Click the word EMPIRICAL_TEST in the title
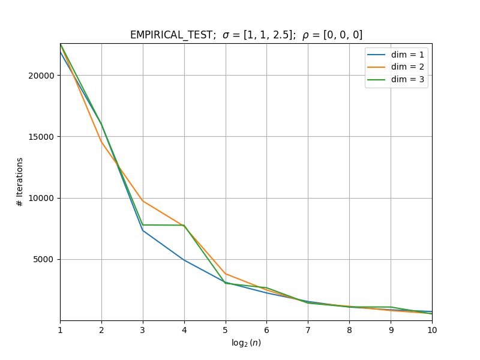[171, 35]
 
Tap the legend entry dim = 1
[395, 55]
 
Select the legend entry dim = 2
[395, 67]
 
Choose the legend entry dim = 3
[395, 80]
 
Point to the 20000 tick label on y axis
[41, 76]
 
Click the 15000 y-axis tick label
[41, 137]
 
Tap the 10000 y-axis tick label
[41, 198]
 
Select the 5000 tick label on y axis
[43, 260]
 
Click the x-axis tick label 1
[61, 330]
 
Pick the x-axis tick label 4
[184, 330]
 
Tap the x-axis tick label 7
[308, 330]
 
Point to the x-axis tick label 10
[432, 330]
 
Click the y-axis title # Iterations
[20, 182]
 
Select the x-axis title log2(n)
[246, 343]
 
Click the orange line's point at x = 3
[143, 201]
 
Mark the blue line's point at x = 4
[184, 260]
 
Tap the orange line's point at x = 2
[101, 142]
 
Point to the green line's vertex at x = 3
[143, 225]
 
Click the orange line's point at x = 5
[226, 274]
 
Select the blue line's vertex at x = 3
[143, 230]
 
